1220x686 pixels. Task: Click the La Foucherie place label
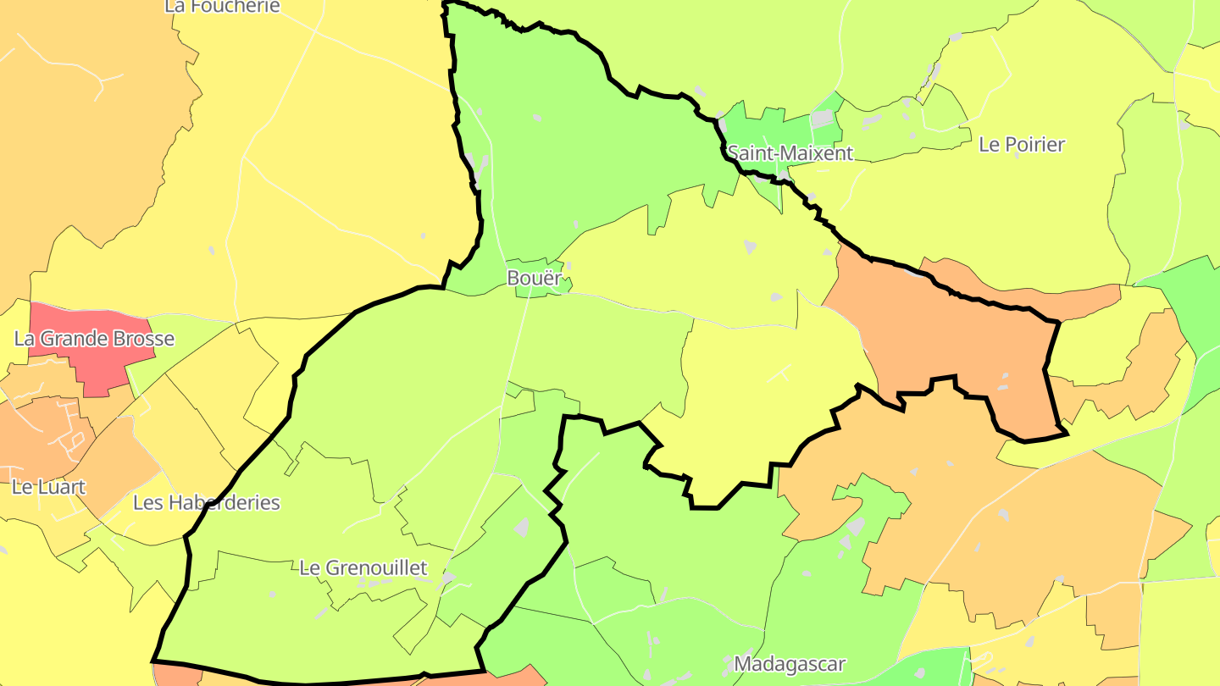coord(222,6)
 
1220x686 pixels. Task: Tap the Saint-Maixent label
coord(790,153)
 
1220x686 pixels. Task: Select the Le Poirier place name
coord(1021,144)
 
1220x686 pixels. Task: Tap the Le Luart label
coord(48,488)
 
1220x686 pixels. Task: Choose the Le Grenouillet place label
coord(363,567)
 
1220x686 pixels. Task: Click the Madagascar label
coord(790,663)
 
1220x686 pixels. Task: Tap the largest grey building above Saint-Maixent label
coord(822,119)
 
